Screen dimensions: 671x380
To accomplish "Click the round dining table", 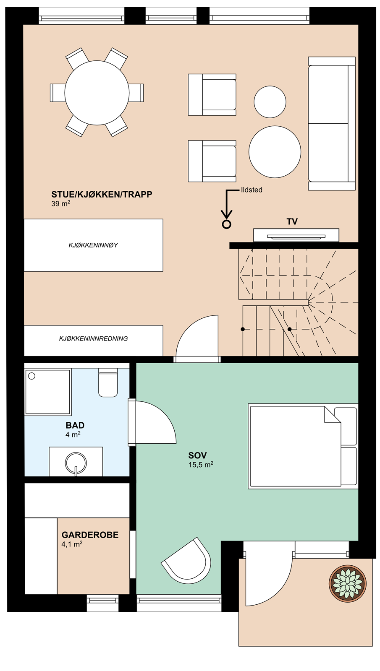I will [97, 93].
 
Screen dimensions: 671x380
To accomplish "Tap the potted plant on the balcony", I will [348, 583].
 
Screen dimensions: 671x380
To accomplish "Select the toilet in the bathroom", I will [108, 384].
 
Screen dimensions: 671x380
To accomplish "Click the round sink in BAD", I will [76, 463].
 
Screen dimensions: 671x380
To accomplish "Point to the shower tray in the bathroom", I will [48, 392].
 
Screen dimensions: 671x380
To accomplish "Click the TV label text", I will [292, 222].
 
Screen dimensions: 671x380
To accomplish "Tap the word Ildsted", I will [252, 190].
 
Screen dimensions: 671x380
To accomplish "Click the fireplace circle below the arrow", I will [226, 224].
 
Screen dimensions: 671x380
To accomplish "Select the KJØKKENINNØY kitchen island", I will [93, 245].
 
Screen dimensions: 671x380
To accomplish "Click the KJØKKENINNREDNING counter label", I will [93, 338].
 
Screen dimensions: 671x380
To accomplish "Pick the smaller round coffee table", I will [270, 102].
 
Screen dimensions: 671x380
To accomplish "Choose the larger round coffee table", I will [275, 152].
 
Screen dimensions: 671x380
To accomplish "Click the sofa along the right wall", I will [332, 124].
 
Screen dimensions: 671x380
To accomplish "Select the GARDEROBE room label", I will [90, 535].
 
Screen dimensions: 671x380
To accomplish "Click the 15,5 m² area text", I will [201, 465].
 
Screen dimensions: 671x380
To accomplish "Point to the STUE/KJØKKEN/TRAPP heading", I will [102, 195].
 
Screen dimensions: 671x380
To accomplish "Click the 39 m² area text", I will [60, 204].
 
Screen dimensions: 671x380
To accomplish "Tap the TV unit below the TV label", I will [296, 235].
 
